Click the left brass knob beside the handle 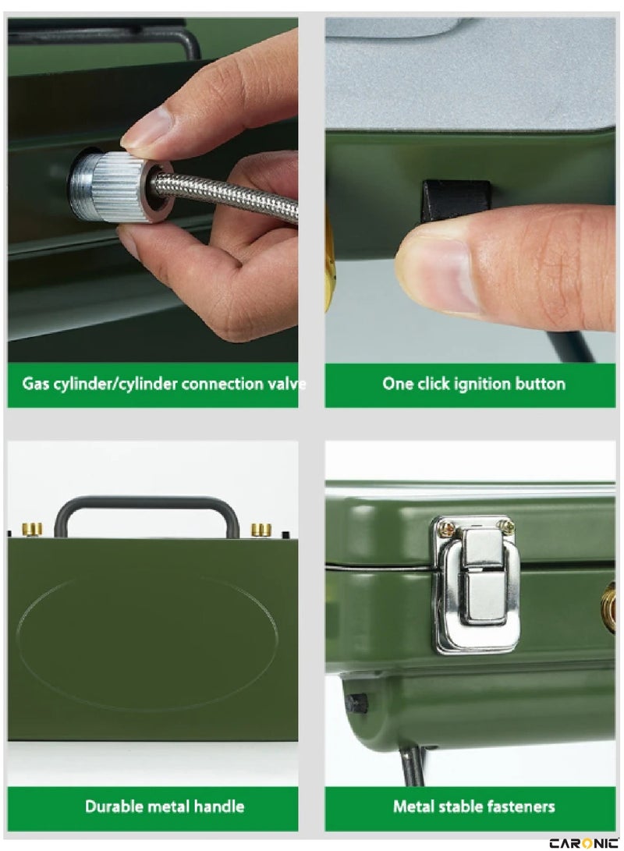[32, 529]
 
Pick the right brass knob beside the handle [261, 529]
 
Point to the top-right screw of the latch [506, 524]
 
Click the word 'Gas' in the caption [35, 384]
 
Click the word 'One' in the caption [397, 384]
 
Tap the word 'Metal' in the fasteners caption [413, 807]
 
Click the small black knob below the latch [357, 704]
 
